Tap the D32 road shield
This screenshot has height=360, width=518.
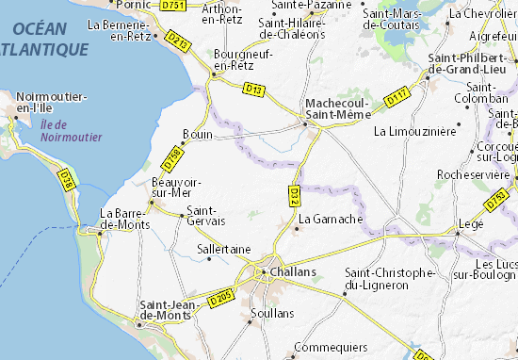tap(295, 196)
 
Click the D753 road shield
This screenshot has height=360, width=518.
tap(496, 201)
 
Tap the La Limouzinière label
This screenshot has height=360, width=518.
tap(414, 130)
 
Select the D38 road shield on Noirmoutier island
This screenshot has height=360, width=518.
tap(65, 178)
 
